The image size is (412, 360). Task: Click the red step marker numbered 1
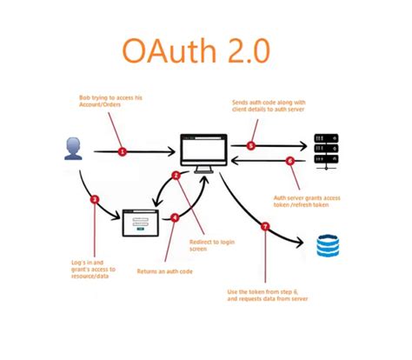click(122, 151)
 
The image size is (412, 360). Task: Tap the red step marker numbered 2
click(176, 176)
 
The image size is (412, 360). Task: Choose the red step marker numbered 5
click(251, 145)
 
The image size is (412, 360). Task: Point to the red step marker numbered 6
click(291, 160)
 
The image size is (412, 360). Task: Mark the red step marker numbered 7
click(266, 227)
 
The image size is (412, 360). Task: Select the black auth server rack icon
click(327, 151)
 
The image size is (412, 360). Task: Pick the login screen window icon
click(140, 224)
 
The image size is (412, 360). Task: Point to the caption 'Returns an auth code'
click(165, 270)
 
